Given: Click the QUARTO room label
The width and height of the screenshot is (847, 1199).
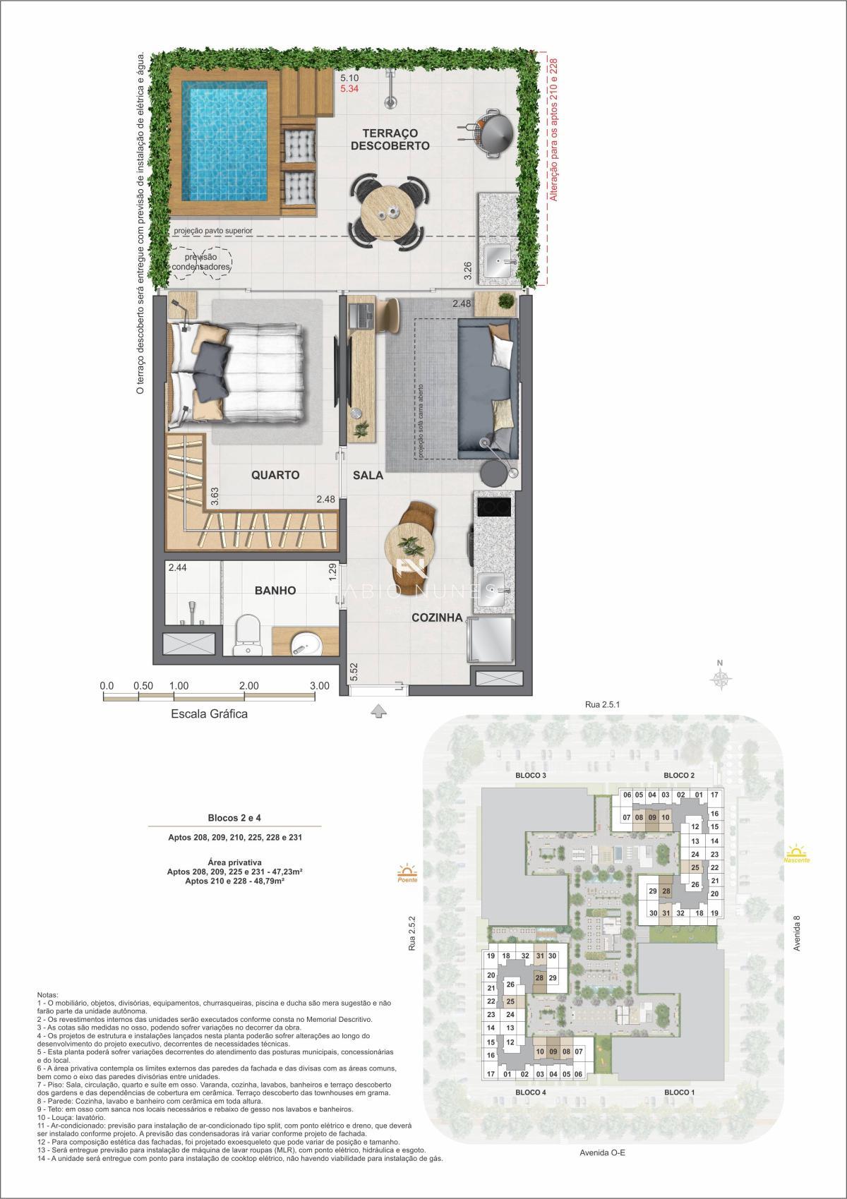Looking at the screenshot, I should coord(275,475).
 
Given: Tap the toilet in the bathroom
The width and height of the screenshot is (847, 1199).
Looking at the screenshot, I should coord(247,632).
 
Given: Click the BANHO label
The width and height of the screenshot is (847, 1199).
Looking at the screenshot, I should coord(275,591).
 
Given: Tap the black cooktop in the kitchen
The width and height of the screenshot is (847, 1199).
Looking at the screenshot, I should coord(493,507).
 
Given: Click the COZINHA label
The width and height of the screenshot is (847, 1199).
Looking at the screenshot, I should coord(438,617).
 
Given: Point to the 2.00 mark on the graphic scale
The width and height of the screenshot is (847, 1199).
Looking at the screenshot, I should coord(248,685).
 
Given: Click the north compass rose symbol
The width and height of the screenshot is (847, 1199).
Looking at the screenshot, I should coord(721,679).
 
